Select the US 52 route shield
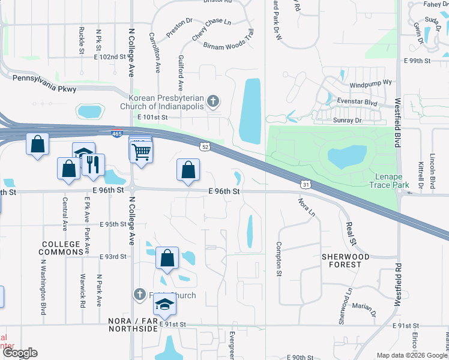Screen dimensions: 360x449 (x=205, y=146)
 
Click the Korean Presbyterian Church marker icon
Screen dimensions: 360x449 (x=214, y=101)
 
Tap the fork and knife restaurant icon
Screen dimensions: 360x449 (x=92, y=165)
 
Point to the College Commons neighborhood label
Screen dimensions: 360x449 (x=62, y=248)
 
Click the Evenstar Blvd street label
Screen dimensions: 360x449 (x=357, y=103)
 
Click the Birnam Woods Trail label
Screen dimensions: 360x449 (x=228, y=46)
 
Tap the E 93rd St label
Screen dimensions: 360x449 (x=114, y=256)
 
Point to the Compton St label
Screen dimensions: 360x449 (x=279, y=259)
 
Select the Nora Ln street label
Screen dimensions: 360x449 (x=306, y=207)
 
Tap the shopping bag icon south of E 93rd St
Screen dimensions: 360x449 (x=167, y=258)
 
